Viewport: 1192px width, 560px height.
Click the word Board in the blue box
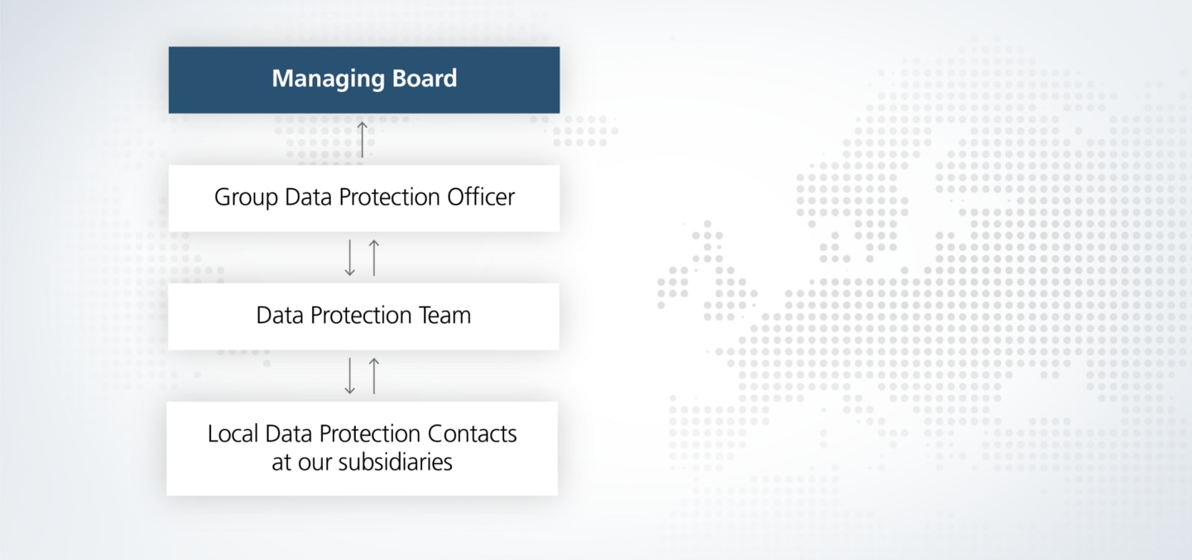point(425,78)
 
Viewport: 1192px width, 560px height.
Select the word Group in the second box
point(247,198)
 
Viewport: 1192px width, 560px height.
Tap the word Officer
point(481,197)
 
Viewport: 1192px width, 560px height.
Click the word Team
point(445,315)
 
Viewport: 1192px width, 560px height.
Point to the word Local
point(233,434)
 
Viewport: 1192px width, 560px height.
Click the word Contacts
point(472,434)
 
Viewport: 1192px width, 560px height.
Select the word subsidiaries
point(396,461)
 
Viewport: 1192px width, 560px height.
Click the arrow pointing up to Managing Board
point(363,139)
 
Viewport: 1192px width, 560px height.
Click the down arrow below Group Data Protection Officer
point(349,258)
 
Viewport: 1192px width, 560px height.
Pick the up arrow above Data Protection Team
point(375,258)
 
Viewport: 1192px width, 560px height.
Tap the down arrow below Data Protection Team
point(349,376)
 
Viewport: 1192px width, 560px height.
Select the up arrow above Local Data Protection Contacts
point(375,376)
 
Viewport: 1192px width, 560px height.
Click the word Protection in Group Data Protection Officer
point(390,197)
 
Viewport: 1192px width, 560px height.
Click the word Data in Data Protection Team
point(280,315)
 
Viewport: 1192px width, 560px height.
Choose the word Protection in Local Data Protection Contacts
point(370,434)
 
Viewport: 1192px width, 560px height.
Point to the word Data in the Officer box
point(309,197)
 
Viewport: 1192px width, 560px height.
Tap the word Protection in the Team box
point(361,315)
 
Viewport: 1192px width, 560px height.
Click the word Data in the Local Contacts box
point(289,434)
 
